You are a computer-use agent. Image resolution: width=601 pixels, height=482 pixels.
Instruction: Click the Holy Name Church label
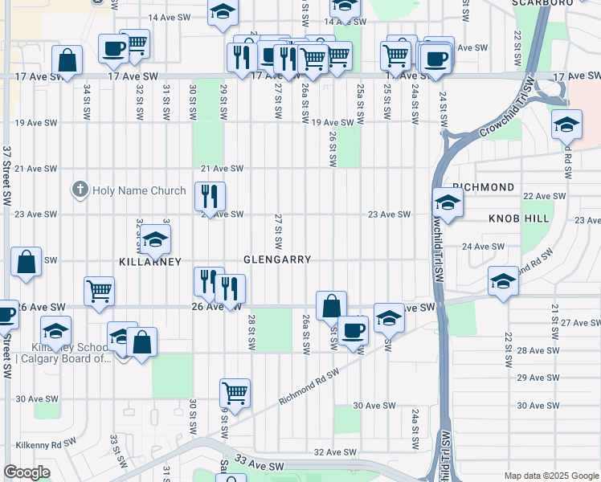[139, 190]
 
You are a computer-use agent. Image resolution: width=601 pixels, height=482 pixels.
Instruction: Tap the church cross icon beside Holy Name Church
[80, 190]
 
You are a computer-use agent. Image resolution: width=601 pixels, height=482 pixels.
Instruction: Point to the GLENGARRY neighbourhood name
[277, 260]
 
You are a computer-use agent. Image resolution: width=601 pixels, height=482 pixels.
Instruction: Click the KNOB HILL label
[519, 219]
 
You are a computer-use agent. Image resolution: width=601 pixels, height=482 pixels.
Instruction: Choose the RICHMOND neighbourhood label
[483, 187]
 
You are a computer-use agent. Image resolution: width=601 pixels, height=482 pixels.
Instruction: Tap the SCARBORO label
[542, 2]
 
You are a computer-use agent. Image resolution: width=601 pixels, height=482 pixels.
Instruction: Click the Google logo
[27, 472]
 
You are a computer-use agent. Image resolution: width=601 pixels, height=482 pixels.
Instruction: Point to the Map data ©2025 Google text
[550, 476]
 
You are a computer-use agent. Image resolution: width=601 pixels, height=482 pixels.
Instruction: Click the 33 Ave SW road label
[261, 465]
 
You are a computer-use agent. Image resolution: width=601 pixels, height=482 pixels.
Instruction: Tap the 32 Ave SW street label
[333, 453]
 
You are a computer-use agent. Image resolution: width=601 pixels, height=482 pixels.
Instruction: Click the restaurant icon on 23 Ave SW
[210, 196]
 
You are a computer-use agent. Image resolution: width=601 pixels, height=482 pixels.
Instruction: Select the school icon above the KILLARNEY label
[155, 239]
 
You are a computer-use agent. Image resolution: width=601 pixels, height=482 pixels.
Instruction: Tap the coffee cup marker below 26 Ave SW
[353, 329]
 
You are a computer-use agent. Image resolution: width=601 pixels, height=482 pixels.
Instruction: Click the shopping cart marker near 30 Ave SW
[235, 393]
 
